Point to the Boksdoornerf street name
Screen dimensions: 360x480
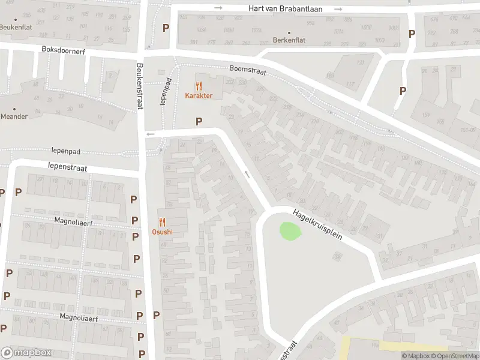point(64,51)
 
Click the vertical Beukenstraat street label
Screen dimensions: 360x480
point(140,86)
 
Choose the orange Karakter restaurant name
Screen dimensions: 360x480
point(199,96)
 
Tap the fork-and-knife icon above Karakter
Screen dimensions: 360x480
point(199,86)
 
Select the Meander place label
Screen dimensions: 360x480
point(14,116)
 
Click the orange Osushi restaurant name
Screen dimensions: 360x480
point(162,232)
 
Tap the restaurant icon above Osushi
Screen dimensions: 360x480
point(162,222)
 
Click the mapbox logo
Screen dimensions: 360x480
point(26,353)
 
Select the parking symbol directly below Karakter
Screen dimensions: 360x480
point(199,121)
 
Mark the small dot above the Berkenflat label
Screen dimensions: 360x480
point(289,33)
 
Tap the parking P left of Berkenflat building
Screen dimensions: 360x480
point(166,28)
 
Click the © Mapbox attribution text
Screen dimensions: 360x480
point(416,356)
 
